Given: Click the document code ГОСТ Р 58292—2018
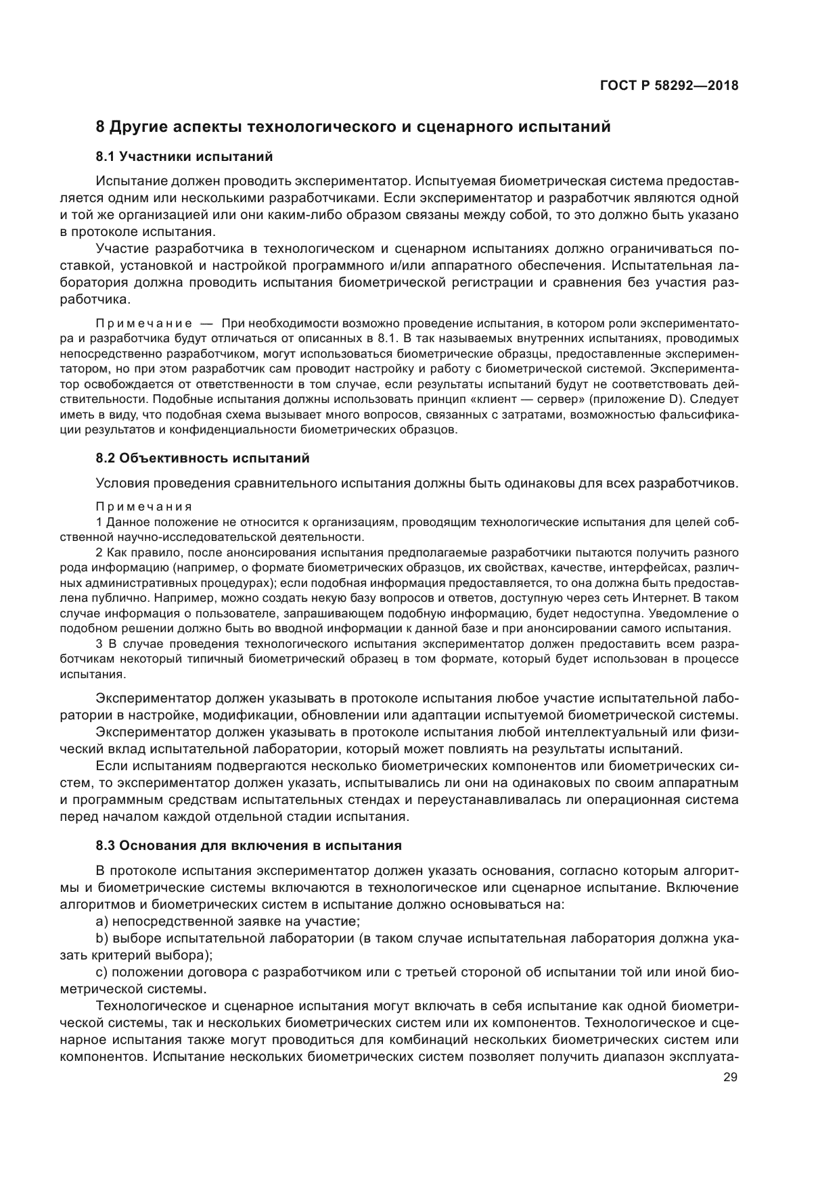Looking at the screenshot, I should [x=668, y=86].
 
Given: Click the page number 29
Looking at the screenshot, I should [x=730, y=1078].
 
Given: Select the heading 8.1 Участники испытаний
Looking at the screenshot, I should [x=184, y=157].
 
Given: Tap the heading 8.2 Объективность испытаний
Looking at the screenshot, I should [x=202, y=458].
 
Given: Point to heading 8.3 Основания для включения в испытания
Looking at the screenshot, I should [x=248, y=845].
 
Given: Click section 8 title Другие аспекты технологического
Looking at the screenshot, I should [x=353, y=126].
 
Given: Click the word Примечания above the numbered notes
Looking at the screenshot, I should [x=143, y=506].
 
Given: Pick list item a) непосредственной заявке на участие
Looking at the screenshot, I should [x=228, y=921].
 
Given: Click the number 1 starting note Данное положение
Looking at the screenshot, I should [x=99, y=522].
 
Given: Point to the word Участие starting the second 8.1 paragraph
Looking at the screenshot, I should [x=120, y=249].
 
